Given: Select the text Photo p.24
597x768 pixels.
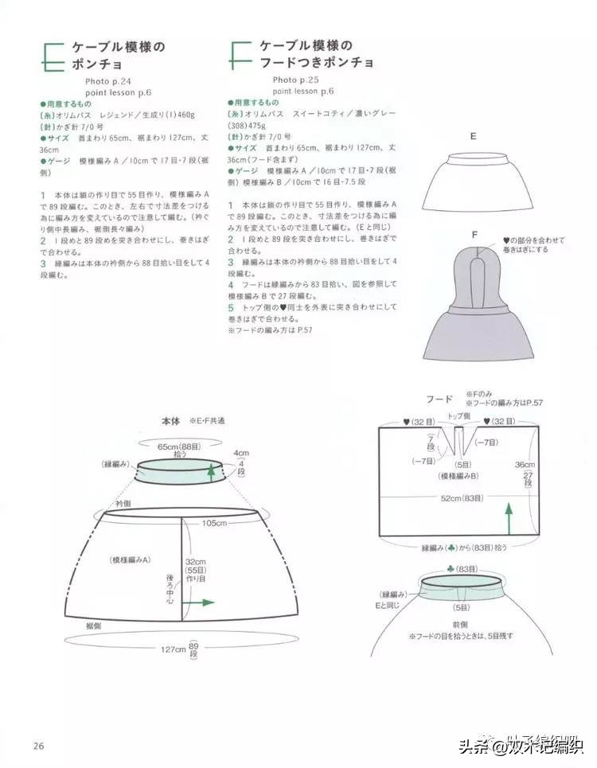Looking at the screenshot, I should pos(107,80).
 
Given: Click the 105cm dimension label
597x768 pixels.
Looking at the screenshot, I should pos(214,522).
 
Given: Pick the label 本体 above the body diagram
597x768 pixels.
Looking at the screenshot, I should pos(171,419).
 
